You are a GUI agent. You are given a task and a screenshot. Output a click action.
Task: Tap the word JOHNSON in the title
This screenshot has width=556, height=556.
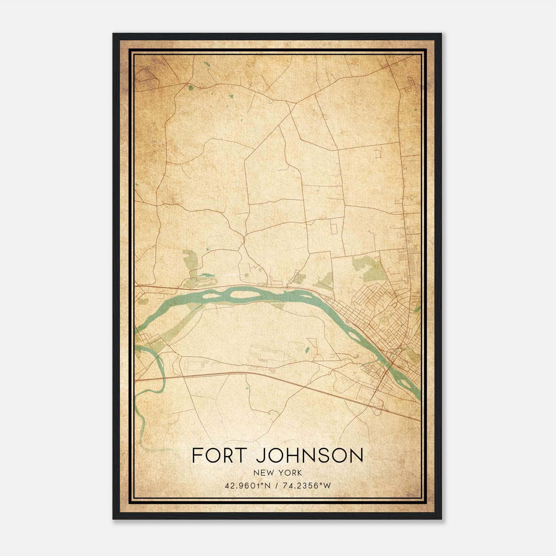(x=310, y=455)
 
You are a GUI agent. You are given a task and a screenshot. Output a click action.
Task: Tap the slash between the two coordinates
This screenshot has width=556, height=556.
(x=276, y=485)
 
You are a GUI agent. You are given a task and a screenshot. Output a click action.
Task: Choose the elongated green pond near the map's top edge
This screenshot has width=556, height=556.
(x=207, y=65)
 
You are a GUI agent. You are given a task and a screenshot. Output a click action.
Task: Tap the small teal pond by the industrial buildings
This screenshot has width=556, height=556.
(x=307, y=350)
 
